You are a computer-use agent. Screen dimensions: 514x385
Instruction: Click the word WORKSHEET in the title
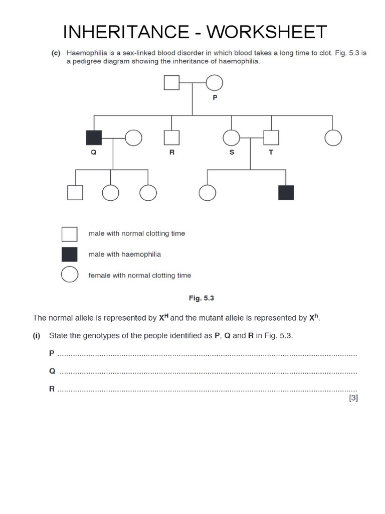[267, 32]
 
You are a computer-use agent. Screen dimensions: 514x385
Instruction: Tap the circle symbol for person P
[215, 83]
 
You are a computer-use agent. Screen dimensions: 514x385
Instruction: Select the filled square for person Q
[94, 138]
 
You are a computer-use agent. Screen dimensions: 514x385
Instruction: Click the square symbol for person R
[172, 138]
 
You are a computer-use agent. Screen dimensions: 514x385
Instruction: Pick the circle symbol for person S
[232, 138]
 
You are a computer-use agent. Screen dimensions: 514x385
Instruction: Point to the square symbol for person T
[271, 138]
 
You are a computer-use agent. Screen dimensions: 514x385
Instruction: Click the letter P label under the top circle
[215, 98]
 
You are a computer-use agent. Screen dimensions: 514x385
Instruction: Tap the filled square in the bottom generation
[286, 192]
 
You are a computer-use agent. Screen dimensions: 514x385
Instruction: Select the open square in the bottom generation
[75, 192]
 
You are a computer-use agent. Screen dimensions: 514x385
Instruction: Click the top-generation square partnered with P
[172, 83]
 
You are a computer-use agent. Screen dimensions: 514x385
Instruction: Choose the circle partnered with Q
[133, 138]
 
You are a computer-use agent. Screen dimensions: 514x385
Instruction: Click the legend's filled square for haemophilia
[70, 254]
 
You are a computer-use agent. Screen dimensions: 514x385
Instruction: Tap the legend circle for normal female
[70, 275]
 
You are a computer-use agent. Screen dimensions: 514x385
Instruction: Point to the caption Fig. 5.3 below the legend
[202, 298]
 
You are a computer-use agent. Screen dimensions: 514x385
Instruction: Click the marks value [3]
[353, 398]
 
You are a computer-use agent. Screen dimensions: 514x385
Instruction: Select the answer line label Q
[52, 371]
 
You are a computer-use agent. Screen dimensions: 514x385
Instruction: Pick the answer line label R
[52, 389]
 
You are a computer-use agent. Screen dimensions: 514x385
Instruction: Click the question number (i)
[37, 336]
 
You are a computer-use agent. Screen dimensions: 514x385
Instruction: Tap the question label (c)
[56, 53]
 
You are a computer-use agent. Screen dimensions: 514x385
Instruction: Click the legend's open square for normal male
[70, 234]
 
